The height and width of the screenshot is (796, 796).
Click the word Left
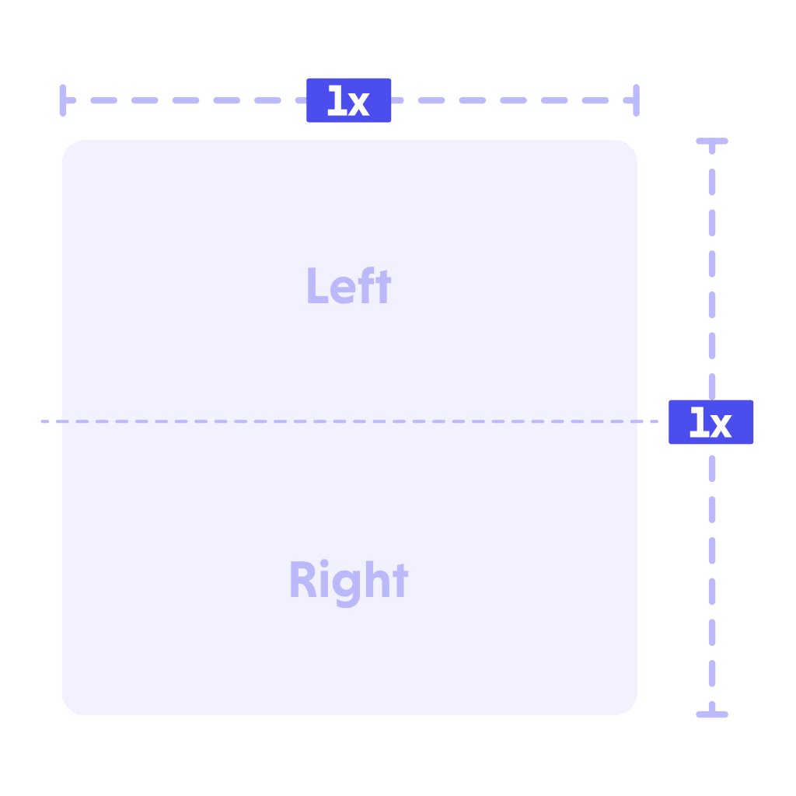(349, 285)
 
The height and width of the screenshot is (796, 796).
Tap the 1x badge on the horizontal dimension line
(349, 100)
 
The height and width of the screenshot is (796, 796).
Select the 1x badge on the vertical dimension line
(710, 422)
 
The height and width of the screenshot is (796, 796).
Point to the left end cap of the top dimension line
(63, 100)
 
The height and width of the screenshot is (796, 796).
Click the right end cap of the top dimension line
(636, 100)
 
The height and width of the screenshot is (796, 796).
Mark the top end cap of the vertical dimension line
(712, 141)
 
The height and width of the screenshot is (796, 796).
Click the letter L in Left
(317, 285)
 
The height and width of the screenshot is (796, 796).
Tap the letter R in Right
(303, 579)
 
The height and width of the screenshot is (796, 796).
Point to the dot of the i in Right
(324, 563)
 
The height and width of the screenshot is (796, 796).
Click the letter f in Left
(366, 285)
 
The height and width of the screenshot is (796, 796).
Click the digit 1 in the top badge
(337, 100)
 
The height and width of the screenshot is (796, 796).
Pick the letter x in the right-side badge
(721, 424)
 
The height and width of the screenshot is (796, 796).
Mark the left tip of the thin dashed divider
(42, 421)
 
